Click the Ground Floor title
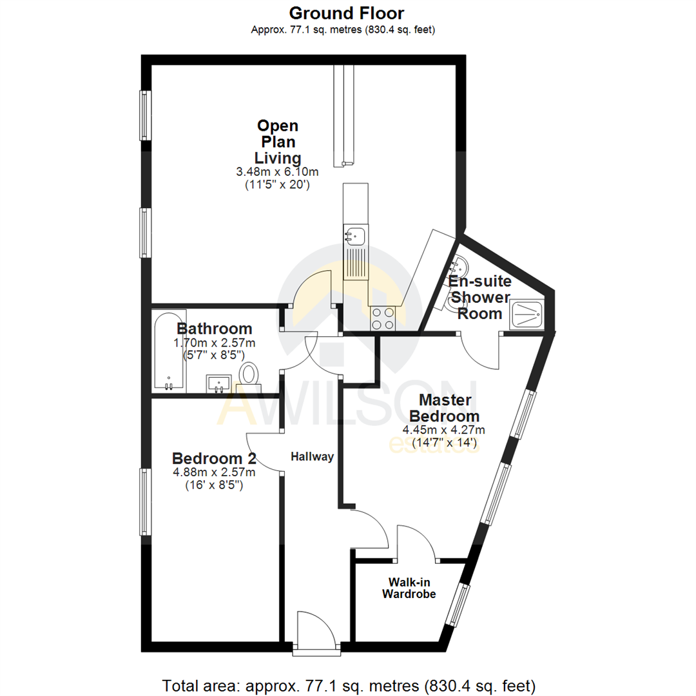[347, 12]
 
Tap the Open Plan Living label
[277, 142]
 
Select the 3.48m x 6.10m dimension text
[277, 172]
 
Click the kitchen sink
[354, 237]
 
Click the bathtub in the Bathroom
[169, 351]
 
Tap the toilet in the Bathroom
[248, 374]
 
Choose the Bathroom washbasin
[220, 384]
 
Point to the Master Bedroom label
[445, 407]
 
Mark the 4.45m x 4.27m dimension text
[445, 430]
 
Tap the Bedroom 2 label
[214, 459]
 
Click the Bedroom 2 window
[146, 501]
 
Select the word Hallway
[312, 457]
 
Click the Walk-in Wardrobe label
[409, 588]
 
